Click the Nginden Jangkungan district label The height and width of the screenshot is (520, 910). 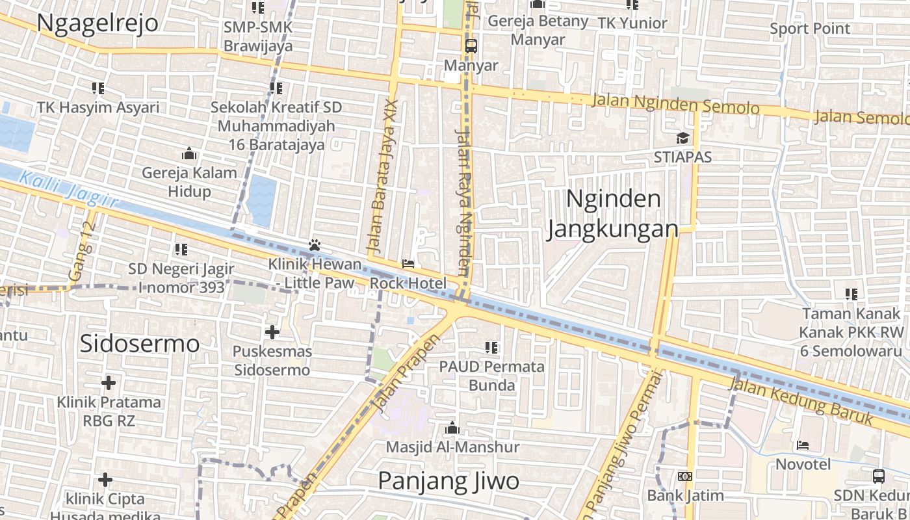(x=612, y=214)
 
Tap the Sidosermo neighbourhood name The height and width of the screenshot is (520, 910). (x=139, y=343)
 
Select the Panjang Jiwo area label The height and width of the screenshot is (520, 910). (x=448, y=481)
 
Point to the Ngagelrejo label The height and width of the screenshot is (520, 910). (x=97, y=22)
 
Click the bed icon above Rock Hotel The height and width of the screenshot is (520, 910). (x=408, y=264)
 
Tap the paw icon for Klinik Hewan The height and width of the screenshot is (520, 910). (x=315, y=245)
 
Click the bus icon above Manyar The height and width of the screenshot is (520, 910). (x=471, y=46)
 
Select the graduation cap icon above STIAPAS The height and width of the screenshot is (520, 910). (x=682, y=138)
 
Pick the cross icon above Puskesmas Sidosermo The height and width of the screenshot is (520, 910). (x=272, y=333)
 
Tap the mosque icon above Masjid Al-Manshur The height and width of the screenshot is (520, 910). (x=452, y=428)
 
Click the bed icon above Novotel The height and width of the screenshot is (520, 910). (x=803, y=445)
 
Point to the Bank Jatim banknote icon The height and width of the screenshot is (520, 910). (x=684, y=476)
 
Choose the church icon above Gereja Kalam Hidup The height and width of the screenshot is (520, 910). (x=189, y=154)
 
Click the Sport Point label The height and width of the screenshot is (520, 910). (x=809, y=29)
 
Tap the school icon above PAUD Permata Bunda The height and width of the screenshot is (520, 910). (x=492, y=348)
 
